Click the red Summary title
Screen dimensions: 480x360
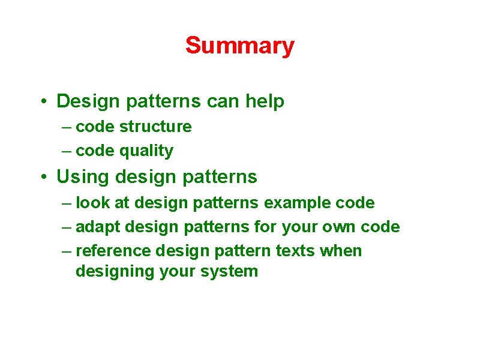click(x=239, y=46)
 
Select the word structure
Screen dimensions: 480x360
click(x=155, y=127)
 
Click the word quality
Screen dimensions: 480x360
click(x=146, y=151)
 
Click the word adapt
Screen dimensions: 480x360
click(x=98, y=227)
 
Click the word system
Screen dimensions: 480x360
click(x=230, y=271)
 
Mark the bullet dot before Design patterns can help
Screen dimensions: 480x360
click(x=44, y=102)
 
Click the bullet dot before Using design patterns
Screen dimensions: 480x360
click(x=44, y=178)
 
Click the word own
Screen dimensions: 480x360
click(x=336, y=227)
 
